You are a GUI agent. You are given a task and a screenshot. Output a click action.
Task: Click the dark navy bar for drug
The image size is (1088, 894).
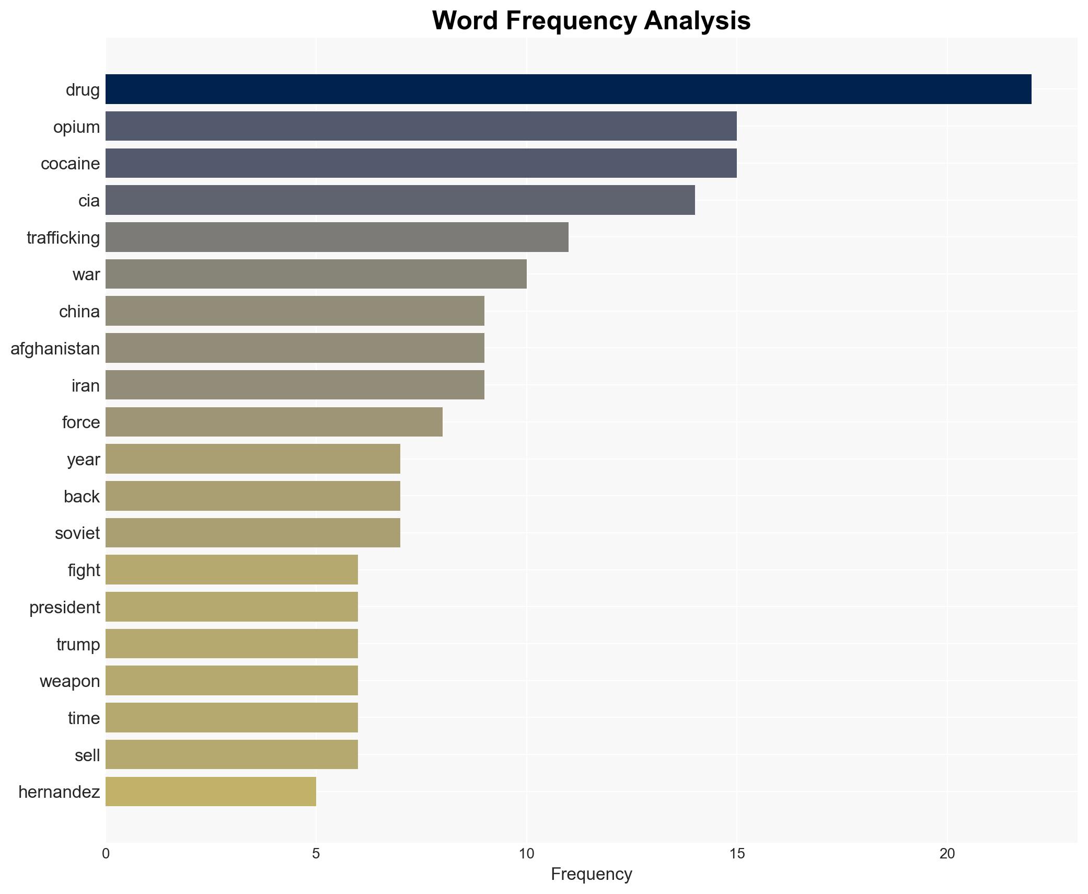click(568, 89)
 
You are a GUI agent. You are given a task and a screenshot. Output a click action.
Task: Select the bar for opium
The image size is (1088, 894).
click(421, 126)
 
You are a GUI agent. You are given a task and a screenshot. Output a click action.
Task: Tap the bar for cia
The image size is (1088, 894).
click(400, 200)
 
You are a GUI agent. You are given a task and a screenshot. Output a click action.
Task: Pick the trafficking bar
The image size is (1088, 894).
click(337, 237)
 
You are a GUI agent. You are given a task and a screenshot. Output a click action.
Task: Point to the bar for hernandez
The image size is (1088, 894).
click(211, 792)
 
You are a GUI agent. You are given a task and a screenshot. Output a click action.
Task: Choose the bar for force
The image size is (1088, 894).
click(274, 422)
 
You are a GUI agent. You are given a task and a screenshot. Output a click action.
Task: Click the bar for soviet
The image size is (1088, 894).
click(252, 533)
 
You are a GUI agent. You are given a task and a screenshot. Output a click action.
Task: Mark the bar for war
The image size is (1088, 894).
click(316, 274)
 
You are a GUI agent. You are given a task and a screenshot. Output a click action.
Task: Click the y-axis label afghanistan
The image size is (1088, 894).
click(55, 348)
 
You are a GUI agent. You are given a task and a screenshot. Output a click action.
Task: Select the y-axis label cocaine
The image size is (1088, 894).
click(70, 164)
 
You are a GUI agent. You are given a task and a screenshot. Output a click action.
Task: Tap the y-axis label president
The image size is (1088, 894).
click(64, 607)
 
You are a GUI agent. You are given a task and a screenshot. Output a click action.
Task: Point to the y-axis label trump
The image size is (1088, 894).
click(78, 644)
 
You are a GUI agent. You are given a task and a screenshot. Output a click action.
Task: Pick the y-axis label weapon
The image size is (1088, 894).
click(70, 681)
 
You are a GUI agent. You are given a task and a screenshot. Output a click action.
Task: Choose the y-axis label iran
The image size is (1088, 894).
click(85, 385)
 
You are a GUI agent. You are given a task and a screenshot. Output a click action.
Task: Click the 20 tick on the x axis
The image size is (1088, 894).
click(947, 854)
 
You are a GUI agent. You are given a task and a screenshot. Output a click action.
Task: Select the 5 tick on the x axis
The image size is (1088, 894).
click(316, 854)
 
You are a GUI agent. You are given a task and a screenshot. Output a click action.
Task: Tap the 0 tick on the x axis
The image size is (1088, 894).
click(106, 854)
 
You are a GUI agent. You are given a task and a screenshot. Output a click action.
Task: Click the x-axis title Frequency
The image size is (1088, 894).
click(591, 874)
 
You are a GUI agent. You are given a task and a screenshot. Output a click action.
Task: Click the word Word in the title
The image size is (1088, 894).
click(465, 21)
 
